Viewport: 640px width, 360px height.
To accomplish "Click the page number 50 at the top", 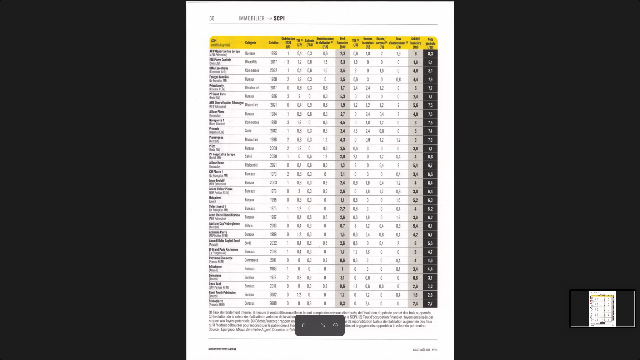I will coord(212,19).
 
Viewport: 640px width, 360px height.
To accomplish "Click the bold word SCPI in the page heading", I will coord(279,19).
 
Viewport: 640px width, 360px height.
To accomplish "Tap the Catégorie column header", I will coord(250,43).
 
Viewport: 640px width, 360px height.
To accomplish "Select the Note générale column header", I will coord(430,43).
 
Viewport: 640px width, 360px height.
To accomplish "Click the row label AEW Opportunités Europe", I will coord(224,52).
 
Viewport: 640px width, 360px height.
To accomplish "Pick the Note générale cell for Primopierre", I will coord(430,304).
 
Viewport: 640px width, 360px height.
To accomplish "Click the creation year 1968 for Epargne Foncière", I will coord(273,79).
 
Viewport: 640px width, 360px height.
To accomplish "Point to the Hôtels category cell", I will coord(249,226).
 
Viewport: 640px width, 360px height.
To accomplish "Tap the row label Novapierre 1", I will coord(217,120).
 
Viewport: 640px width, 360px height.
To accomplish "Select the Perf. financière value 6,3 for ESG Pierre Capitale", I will coord(342,62).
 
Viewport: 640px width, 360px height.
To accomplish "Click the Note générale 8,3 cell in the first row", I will coord(430,54).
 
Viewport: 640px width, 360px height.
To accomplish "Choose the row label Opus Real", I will coord(215,284).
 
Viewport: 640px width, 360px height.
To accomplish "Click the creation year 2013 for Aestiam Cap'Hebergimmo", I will coord(273,226).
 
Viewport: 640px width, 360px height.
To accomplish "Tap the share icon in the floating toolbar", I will coord(304,325).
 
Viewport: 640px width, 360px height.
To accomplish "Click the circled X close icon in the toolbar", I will coord(335,325).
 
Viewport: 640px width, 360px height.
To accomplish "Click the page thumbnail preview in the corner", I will coord(602,308).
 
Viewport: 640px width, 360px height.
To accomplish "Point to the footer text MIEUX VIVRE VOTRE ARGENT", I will coord(222,349).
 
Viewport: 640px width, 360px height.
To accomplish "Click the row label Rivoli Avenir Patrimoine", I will coord(222,293).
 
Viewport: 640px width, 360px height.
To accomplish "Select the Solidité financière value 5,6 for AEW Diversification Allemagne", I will coord(415,105).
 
